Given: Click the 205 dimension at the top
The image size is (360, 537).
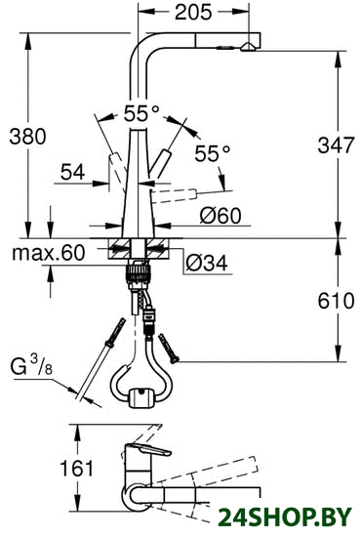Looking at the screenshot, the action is click(x=194, y=13).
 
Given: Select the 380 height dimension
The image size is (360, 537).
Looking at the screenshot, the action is click(x=27, y=136).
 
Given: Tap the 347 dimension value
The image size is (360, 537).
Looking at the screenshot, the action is click(x=336, y=145).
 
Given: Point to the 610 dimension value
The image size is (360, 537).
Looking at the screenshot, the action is click(x=336, y=301).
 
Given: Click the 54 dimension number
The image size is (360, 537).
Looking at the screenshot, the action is click(x=72, y=172).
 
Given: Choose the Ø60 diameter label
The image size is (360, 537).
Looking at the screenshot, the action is click(x=220, y=216).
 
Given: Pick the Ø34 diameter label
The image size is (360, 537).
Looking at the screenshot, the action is click(x=207, y=263).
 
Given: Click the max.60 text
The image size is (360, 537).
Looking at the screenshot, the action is click(x=48, y=253).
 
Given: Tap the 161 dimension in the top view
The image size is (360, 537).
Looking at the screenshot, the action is click(x=77, y=469).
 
